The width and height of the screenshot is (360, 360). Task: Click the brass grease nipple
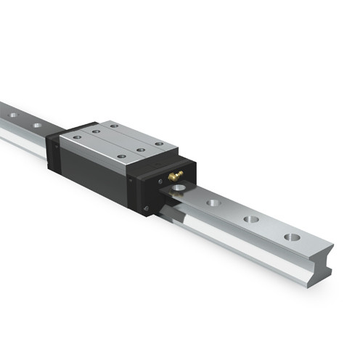pyautogui.click(x=175, y=176)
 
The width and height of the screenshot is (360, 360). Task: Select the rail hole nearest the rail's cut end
pyautogui.click(x=292, y=237)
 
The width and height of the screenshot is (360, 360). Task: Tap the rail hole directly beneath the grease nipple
pyautogui.click(x=179, y=189)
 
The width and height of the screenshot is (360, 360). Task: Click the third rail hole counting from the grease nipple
pyautogui.click(x=250, y=218)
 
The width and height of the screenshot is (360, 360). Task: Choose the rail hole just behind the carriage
pyautogui.click(x=36, y=126)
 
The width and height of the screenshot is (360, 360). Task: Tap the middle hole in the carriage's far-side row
pyautogui.click(x=135, y=136)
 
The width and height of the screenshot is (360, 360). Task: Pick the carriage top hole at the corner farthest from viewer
pyautogui.click(x=112, y=125)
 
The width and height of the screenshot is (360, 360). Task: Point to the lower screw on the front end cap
pyautogui.click(x=148, y=208)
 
